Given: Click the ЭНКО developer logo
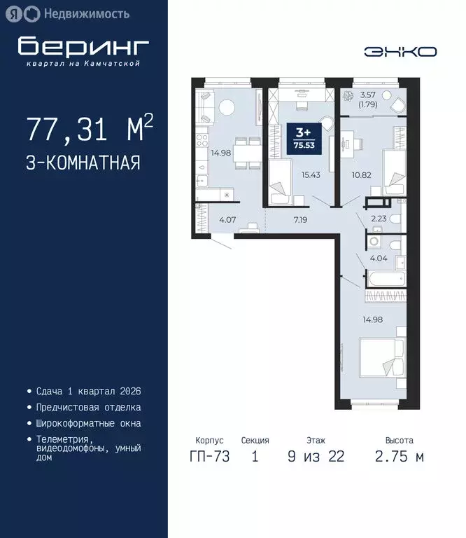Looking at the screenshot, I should click(x=400, y=51).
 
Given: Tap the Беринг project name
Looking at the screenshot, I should click(x=84, y=46).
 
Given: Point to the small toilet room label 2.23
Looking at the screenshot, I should click(x=379, y=218).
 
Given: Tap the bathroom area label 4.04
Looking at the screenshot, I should click(x=378, y=258).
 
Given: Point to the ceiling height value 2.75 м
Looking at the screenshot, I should click(x=399, y=457).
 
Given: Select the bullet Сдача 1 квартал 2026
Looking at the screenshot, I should click(x=87, y=390).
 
